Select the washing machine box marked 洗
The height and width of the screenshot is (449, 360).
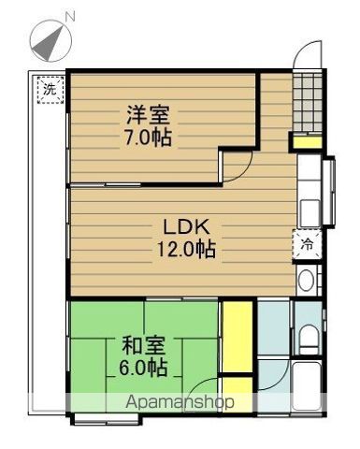tap(50, 90)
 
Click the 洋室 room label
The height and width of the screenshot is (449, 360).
tap(148, 115)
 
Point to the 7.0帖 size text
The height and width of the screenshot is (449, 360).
tap(148, 138)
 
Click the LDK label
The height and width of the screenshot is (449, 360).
tap(186, 227)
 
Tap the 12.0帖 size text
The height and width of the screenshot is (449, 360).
tap(186, 250)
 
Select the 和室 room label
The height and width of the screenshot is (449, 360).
tap(143, 345)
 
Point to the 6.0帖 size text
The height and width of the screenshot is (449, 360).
tap(143, 368)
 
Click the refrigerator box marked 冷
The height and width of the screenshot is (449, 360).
tap(307, 245)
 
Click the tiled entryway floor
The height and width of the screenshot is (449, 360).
tap(308, 102)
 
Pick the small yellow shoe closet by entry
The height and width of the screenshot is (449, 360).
tap(308, 142)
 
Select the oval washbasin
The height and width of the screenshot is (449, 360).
tap(306, 281)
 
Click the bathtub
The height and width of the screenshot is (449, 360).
tap(307, 387)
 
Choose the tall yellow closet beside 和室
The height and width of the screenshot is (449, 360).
tap(238, 336)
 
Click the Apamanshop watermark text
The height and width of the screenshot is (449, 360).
tap(180, 402)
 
